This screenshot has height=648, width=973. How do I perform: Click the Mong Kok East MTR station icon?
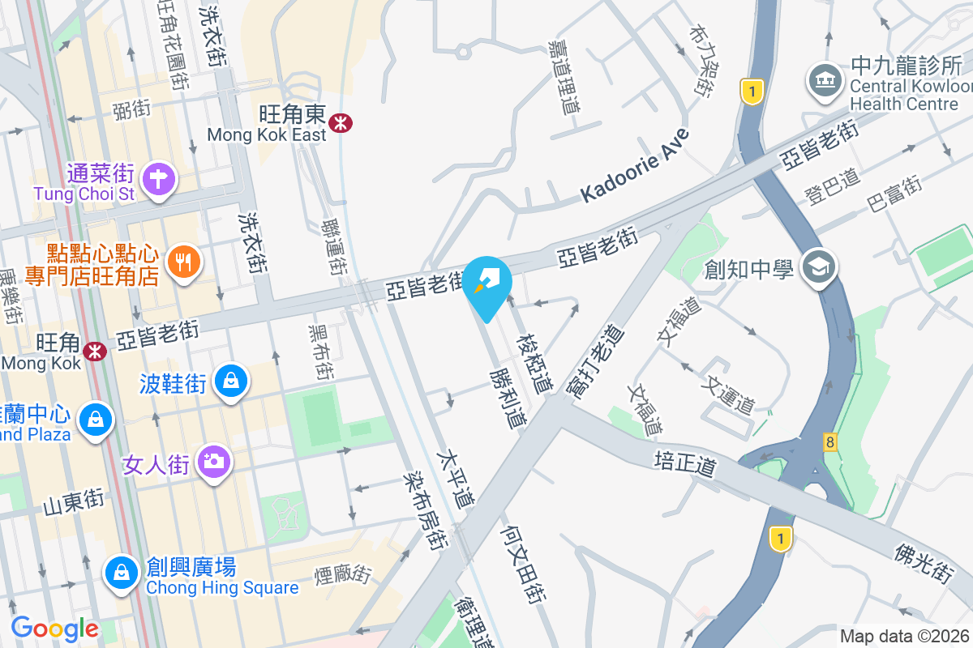pyautogui.click(x=340, y=122)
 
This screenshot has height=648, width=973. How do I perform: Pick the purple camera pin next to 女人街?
pyautogui.click(x=215, y=463)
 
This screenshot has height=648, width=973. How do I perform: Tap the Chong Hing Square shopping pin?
pyautogui.click(x=121, y=573)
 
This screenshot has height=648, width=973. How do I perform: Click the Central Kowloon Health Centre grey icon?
pyautogui.click(x=825, y=81)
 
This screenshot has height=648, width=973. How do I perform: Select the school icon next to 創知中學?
pyautogui.click(x=818, y=267)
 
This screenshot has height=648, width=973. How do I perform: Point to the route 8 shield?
pyautogui.click(x=829, y=442)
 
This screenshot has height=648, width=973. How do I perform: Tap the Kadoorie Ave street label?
pyautogui.click(x=634, y=167)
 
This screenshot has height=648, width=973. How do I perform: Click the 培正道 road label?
pyautogui.click(x=686, y=465)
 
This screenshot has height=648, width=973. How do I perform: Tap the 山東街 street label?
pyautogui.click(x=74, y=503)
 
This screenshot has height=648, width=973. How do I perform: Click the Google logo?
pyautogui.click(x=54, y=629)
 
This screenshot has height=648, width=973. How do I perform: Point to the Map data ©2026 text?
pyautogui.click(x=904, y=637)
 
